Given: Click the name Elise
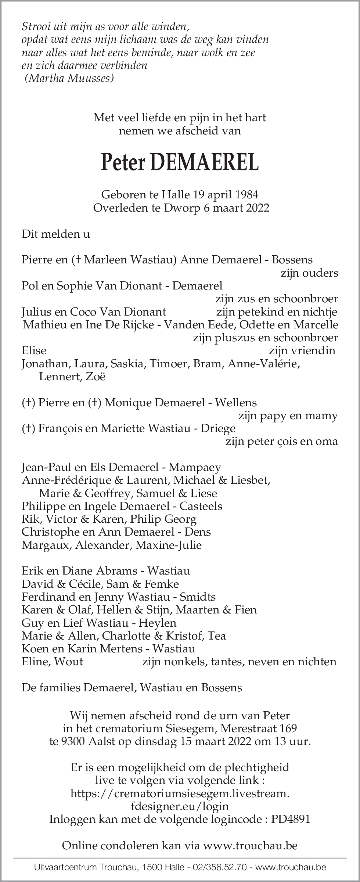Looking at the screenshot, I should [x=34, y=350].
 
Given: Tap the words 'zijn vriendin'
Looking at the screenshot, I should [x=302, y=350].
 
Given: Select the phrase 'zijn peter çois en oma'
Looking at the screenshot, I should [x=281, y=441].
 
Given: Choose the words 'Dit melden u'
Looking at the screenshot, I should [x=56, y=234].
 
